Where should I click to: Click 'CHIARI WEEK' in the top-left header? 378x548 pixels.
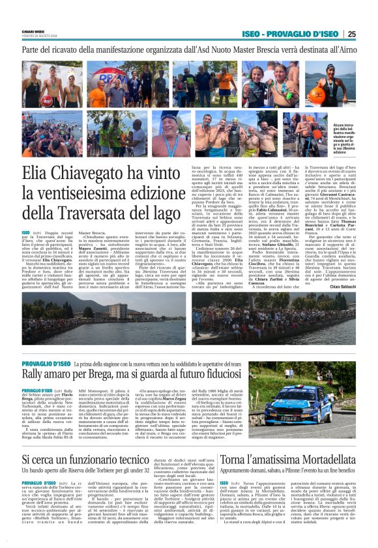click(31, 31)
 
